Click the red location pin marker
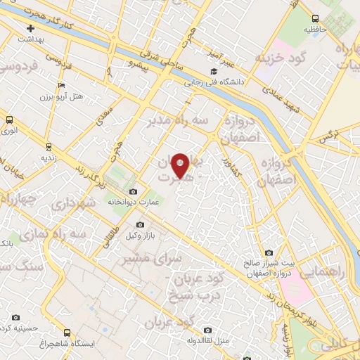[x=180, y=165]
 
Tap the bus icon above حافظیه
[x=315, y=18]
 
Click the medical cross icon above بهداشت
[x=30, y=29]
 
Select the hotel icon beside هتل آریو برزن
[x=61, y=86]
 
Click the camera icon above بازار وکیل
[x=140, y=224]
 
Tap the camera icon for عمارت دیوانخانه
[x=134, y=191]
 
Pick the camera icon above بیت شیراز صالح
[x=269, y=253]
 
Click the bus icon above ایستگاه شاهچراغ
[x=67, y=333]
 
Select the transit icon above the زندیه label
[x=48, y=146]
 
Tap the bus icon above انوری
[x=9, y=120]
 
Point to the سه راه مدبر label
[x=178, y=121]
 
